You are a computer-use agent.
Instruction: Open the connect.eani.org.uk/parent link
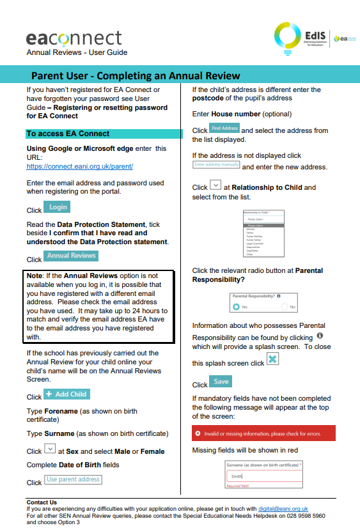tap(79, 166)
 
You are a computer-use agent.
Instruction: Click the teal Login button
tap(57, 207)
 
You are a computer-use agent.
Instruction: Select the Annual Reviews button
tap(71, 256)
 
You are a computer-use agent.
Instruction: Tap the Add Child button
tap(66, 394)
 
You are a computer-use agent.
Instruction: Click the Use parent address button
tap(73, 479)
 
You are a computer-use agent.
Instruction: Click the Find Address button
tap(224, 128)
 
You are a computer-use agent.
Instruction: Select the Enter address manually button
tap(216, 165)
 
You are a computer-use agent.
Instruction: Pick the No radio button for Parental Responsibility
tap(285, 307)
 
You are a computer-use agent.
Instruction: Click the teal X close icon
tap(272, 359)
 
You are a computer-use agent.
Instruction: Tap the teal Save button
tap(221, 382)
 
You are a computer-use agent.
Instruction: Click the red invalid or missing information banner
tap(263, 433)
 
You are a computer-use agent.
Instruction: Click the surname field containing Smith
tap(263, 476)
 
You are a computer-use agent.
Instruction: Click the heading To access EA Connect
tap(68, 134)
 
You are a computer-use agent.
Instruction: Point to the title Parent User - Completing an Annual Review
tap(136, 75)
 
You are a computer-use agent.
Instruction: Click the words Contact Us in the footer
tap(42, 502)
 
